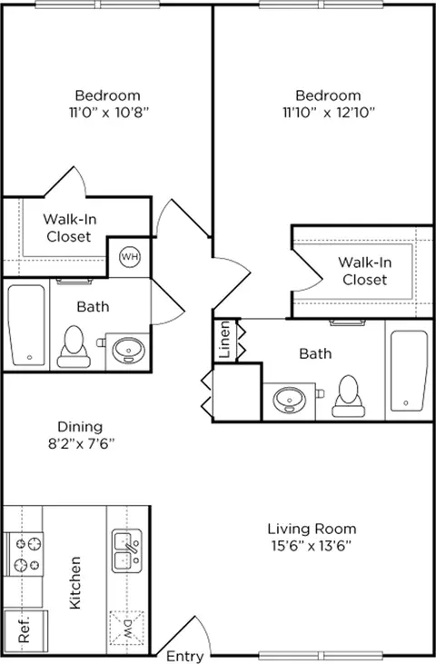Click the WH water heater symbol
pyautogui.click(x=130, y=257)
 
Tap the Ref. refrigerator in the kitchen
pyautogui.click(x=25, y=630)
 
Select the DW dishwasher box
pyautogui.click(x=126, y=628)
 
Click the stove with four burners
pyautogui.click(x=24, y=554)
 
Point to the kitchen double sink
pyautogui.click(x=126, y=551)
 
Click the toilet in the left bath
pyautogui.click(x=74, y=346)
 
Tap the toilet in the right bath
pyautogui.click(x=349, y=396)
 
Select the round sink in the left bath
pyautogui.click(x=128, y=350)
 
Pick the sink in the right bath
pyautogui.click(x=290, y=400)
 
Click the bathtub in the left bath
pyautogui.click(x=26, y=325)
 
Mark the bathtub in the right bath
pyautogui.click(x=409, y=371)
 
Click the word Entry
pyautogui.click(x=184, y=657)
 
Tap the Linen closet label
pyautogui.click(x=224, y=339)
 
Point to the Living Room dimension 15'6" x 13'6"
pyautogui.click(x=312, y=546)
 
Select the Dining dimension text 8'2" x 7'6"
pyautogui.click(x=81, y=443)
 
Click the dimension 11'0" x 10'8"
pyautogui.click(x=109, y=113)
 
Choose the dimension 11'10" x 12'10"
pyautogui.click(x=329, y=113)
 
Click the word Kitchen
pyautogui.click(x=74, y=582)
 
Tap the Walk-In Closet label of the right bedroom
pyautogui.click(x=364, y=271)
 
